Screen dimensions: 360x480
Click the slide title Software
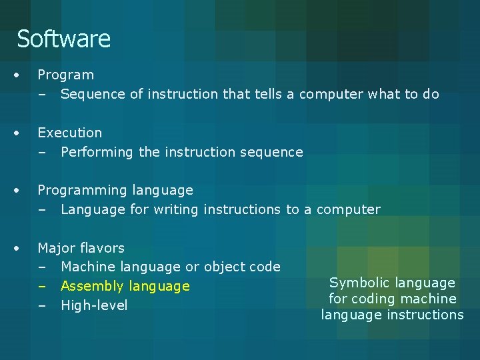point(63,39)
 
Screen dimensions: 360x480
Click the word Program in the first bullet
point(65,75)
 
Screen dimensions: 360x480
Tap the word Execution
point(69,133)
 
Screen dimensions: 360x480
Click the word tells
point(268,94)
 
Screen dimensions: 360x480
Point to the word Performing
point(97,152)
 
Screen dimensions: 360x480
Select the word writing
point(176,210)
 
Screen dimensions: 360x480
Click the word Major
point(56,248)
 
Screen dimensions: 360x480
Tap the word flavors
point(101,248)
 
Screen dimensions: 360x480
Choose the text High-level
point(94,305)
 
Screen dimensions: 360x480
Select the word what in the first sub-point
point(383,94)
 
